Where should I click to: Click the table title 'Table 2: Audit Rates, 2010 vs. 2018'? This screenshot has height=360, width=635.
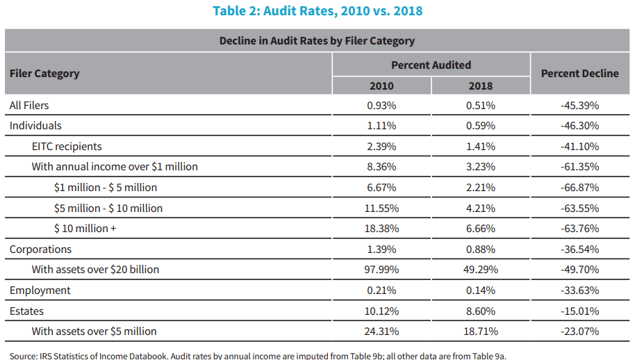pos(317,11)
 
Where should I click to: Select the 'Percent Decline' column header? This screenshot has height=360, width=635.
pos(579,74)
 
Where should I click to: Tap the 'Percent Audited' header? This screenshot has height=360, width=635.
pos(431,65)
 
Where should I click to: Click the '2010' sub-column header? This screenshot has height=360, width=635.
pos(381,86)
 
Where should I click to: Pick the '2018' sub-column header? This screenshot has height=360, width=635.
pos(480,86)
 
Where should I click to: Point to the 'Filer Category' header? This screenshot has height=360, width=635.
pos(44,74)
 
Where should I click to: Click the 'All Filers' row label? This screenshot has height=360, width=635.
pos(29,106)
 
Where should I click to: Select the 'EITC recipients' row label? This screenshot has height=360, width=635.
pos(67,147)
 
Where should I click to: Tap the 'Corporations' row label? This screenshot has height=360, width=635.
pos(40,249)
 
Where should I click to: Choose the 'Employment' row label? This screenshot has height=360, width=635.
pos(40,291)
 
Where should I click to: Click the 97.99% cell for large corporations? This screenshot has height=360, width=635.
pos(381,270)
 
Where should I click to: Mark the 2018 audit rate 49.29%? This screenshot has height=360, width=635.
pos(480,270)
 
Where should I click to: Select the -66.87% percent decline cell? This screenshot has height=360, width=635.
pos(579,188)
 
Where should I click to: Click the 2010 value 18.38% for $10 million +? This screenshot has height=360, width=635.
pos(381,229)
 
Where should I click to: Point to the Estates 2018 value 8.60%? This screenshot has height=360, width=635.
pos(480,311)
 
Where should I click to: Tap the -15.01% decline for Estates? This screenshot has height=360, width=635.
pos(579,311)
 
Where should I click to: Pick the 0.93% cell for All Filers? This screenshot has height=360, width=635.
pos(381,106)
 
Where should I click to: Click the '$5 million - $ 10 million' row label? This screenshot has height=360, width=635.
pos(108,208)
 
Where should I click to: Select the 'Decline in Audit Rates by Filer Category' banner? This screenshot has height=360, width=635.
pos(317,41)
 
